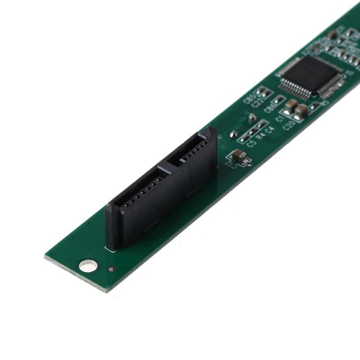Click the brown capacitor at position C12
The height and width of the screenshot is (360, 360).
(x=239, y=157)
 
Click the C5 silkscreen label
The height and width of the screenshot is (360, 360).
(x=252, y=144)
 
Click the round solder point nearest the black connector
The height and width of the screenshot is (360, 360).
(x=234, y=134)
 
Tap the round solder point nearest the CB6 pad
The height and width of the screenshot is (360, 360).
(x=253, y=118)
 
